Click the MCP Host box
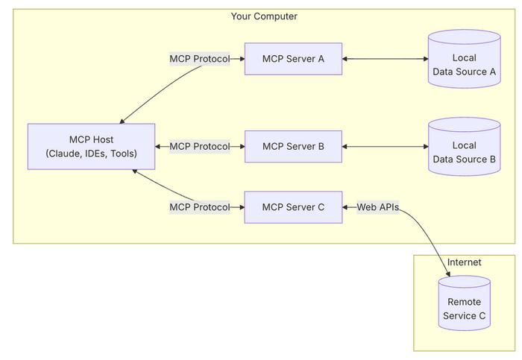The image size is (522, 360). tap(91, 147)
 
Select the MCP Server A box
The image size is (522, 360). tap(293, 59)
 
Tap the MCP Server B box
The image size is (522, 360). tap(293, 146)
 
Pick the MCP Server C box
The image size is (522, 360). tap(293, 207)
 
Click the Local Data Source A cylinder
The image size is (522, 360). tap(464, 59)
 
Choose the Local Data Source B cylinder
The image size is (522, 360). tap(464, 146)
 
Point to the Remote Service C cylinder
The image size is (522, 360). tap(464, 303)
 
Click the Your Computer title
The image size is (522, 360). tap(264, 16)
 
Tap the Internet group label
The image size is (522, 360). tap(464, 262)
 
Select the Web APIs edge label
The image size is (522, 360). tap(378, 207)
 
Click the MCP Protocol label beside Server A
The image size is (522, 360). tap(200, 59)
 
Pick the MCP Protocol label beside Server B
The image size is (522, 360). tap(200, 146)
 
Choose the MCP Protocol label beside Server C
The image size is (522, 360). tap(200, 207)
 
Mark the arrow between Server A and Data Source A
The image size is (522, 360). tap(386, 59)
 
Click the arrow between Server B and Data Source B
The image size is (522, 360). tap(386, 146)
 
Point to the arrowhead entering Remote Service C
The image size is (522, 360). tap(448, 274)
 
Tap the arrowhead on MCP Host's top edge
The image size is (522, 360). tap(122, 121)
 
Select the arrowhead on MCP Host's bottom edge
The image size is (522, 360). tap(134, 171)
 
